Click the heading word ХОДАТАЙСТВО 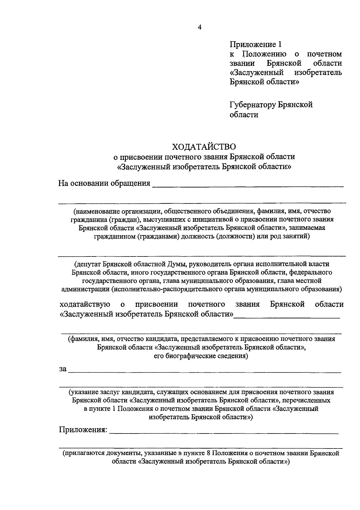tap(204, 147)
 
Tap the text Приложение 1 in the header tap(256, 45)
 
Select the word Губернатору tap(253, 105)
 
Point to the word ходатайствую tap(85, 304)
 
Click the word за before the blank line tap(62, 369)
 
